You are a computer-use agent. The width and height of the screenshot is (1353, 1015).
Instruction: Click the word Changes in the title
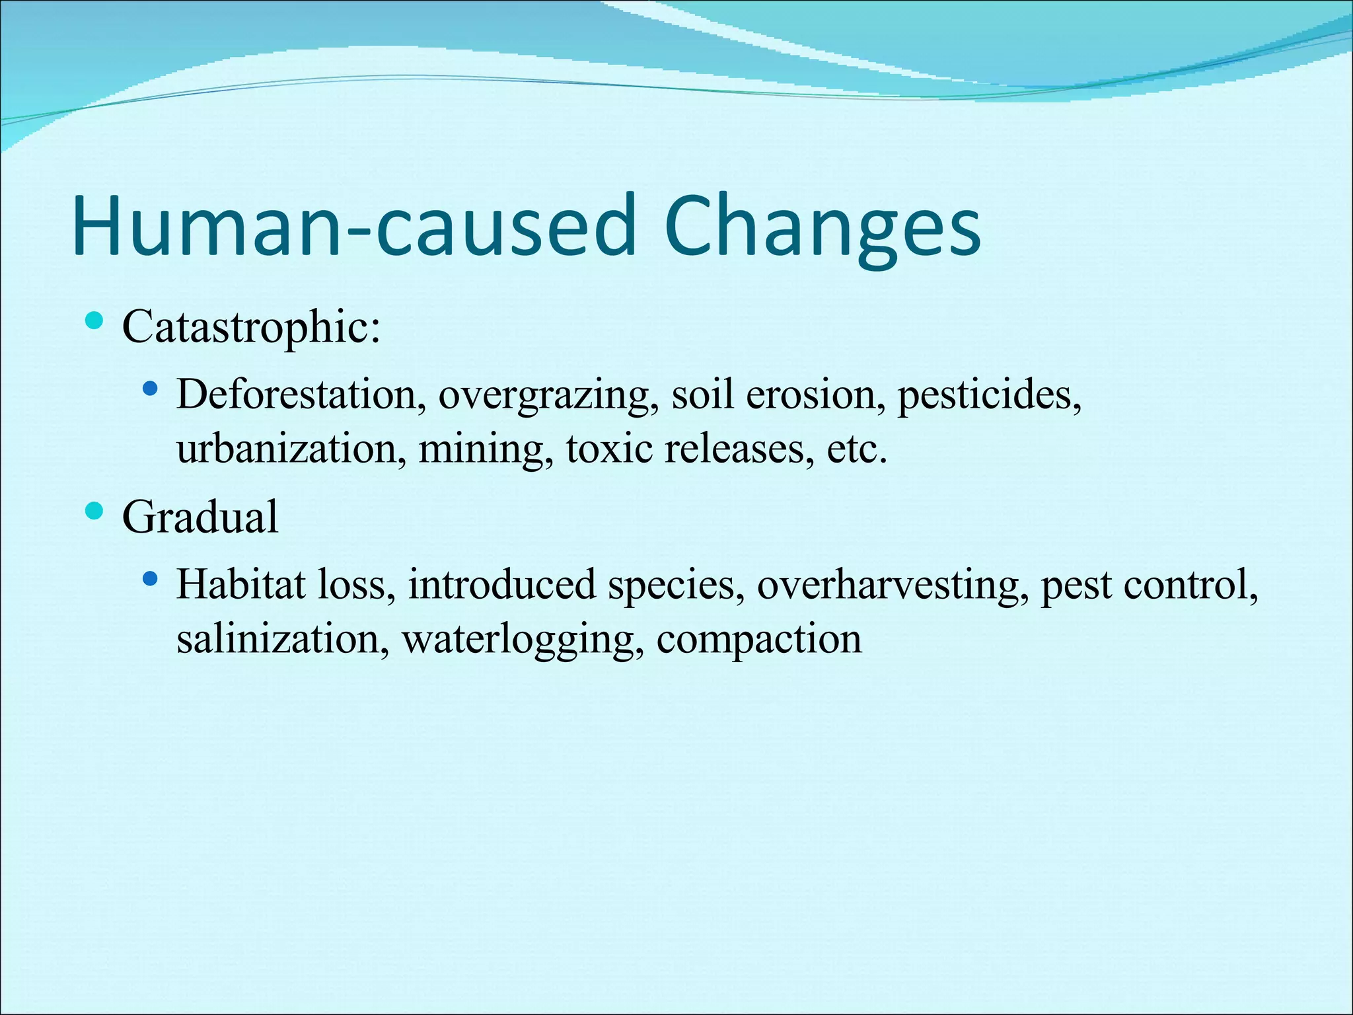click(823, 226)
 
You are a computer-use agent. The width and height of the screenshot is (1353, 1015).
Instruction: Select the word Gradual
click(200, 517)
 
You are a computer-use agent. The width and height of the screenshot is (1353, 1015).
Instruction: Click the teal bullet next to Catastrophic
click(95, 322)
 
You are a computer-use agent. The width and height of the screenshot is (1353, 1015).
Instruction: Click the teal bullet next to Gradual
click(95, 511)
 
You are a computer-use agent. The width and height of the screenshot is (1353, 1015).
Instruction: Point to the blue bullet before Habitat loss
click(151, 579)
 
